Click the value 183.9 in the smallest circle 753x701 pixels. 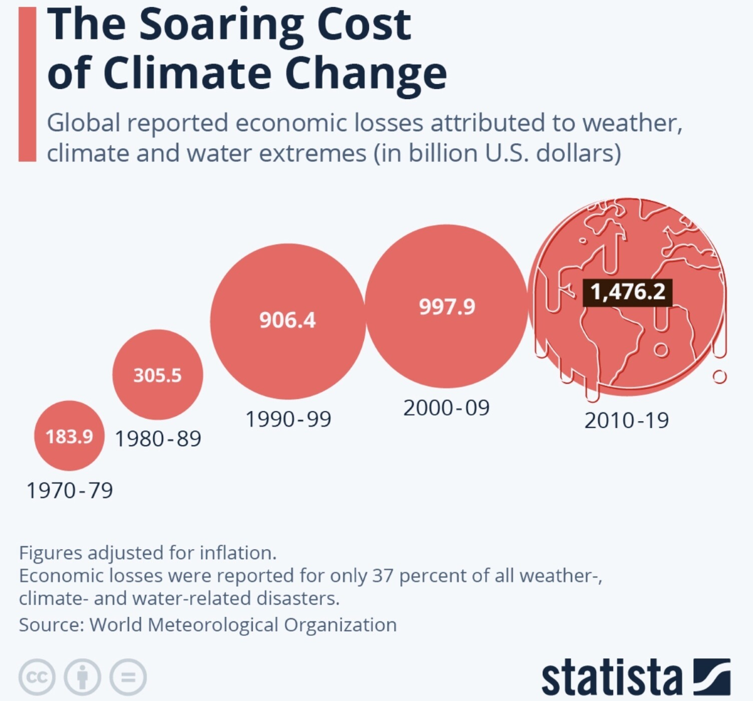click(x=69, y=436)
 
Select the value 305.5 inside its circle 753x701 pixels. click(x=158, y=375)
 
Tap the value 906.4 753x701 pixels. click(x=287, y=320)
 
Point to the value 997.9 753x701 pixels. click(x=447, y=307)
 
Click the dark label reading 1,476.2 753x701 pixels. click(x=627, y=292)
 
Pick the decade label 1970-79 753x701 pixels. click(x=70, y=490)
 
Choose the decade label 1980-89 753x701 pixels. click(x=158, y=439)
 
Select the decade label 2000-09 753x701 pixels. click(x=446, y=408)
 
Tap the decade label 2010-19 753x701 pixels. click(x=627, y=420)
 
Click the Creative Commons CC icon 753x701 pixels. click(x=37, y=677)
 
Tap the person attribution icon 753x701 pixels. click(x=83, y=677)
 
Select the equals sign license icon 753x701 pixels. click(x=128, y=677)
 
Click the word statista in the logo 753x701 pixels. click(x=611, y=678)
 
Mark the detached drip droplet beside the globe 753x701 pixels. click(x=720, y=377)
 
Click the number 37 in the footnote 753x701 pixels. click(x=383, y=575)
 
